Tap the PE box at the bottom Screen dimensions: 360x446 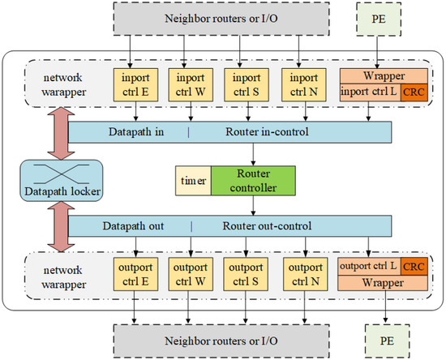386,341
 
